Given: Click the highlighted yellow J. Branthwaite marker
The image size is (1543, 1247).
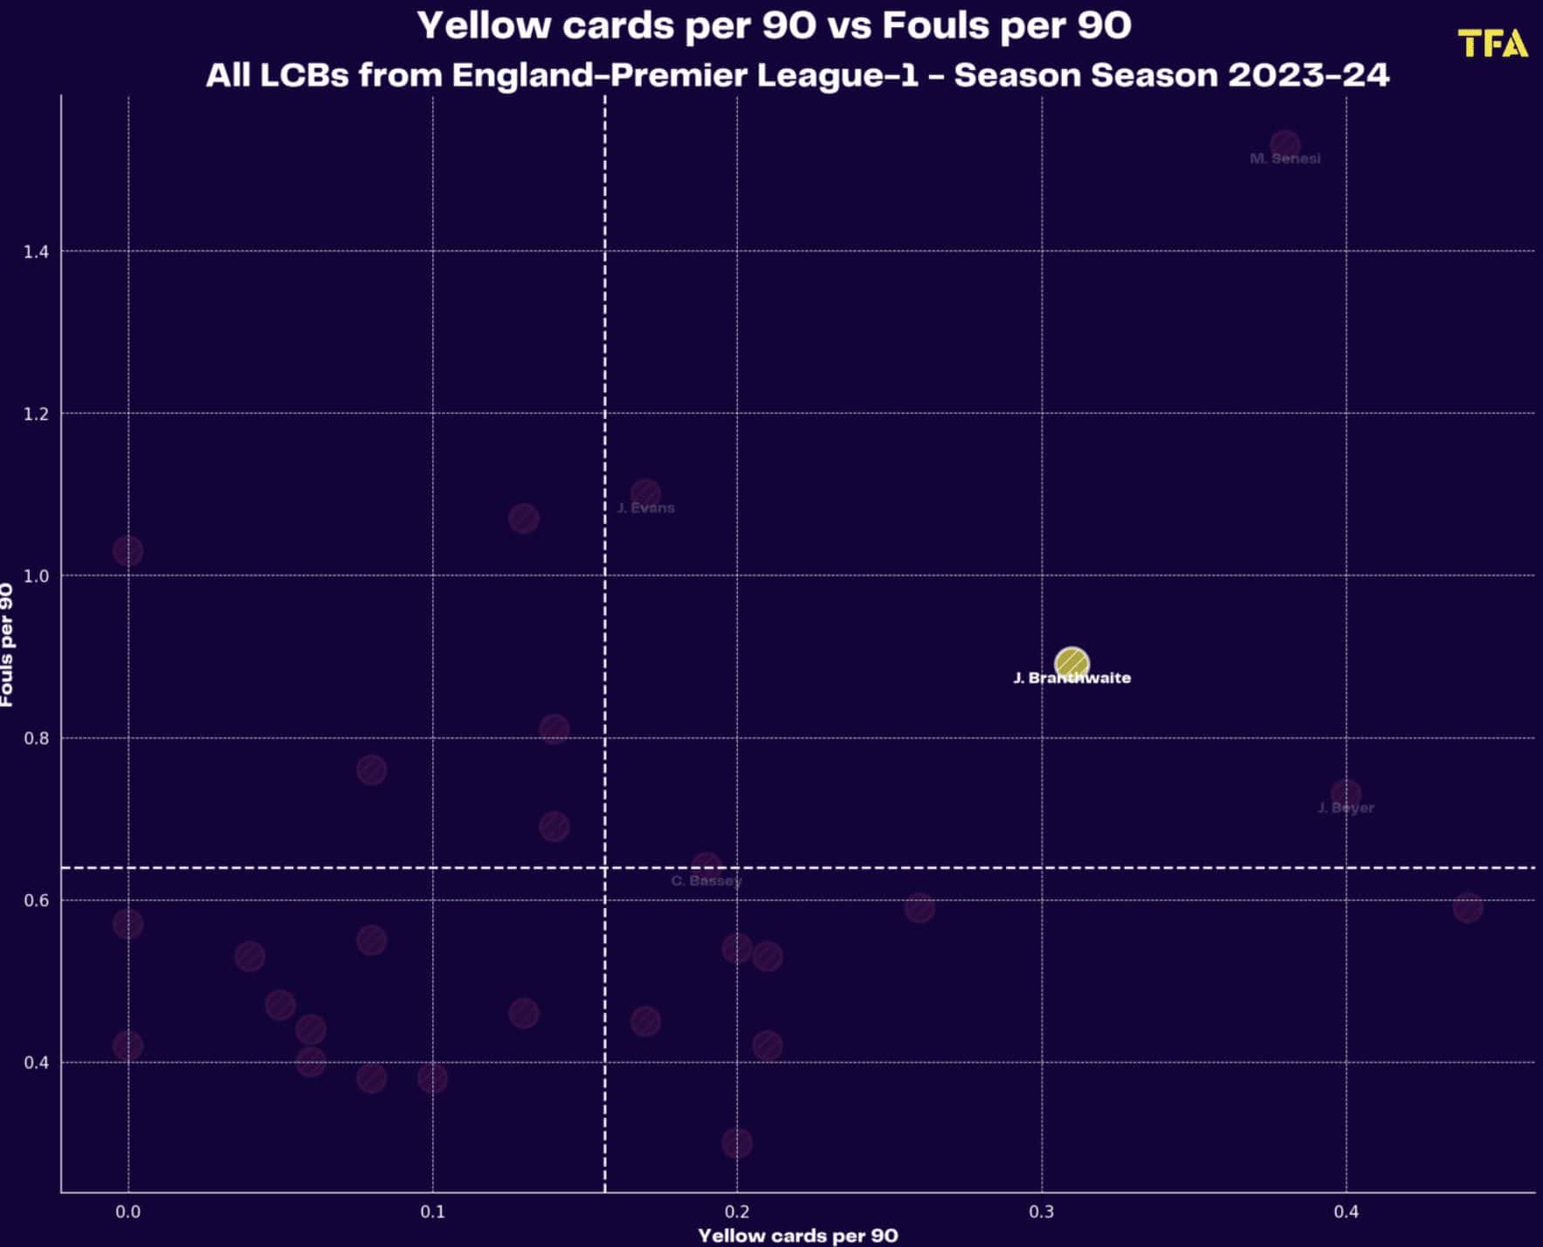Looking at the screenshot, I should click(1071, 664).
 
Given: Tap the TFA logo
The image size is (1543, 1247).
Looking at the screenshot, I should click(1492, 44).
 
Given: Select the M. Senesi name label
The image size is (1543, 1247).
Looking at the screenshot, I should click(1285, 159).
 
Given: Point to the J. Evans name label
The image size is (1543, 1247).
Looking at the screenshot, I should click(645, 508).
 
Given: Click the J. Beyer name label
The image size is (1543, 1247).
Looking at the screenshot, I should click(1346, 809).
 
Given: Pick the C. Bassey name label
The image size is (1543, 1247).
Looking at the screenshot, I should click(706, 881).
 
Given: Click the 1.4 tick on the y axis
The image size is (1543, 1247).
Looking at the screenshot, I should click(36, 251).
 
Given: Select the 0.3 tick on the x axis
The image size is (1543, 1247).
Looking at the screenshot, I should click(1041, 1212).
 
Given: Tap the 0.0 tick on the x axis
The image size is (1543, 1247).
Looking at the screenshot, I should click(127, 1212).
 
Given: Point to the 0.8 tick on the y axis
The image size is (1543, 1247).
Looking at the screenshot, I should click(36, 738).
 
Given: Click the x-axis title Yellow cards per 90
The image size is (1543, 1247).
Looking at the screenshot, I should click(797, 1236).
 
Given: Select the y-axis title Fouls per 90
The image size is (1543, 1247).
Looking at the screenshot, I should click(7, 644).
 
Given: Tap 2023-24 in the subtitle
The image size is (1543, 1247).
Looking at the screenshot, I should click(1308, 75).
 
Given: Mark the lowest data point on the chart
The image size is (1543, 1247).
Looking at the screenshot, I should click(736, 1143).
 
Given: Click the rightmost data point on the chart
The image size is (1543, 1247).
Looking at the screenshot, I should click(1467, 907).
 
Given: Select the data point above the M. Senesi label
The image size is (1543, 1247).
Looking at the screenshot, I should click(1285, 144).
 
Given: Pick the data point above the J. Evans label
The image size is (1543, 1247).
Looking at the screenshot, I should click(645, 493).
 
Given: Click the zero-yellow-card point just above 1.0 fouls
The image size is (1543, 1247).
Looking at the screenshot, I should click(127, 551).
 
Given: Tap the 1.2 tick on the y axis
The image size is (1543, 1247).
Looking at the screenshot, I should click(36, 414).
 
